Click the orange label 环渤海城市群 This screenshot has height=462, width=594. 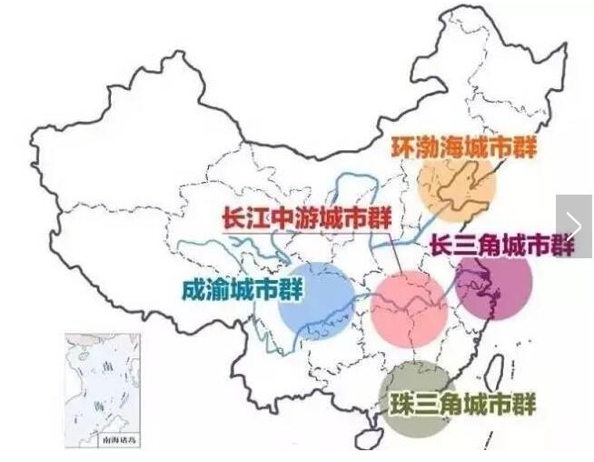[x=463, y=147]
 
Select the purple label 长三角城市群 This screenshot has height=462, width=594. [x=501, y=245]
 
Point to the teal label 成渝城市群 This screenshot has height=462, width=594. [x=242, y=290]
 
